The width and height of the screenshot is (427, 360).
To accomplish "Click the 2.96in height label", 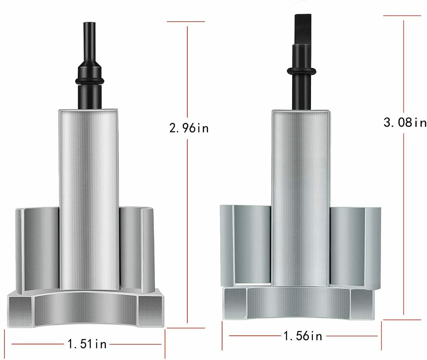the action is pyautogui.click(x=189, y=129).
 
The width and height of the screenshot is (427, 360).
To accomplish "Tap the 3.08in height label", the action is pyautogui.click(x=405, y=122).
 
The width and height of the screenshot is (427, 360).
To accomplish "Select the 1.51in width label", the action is pyautogui.click(x=87, y=344).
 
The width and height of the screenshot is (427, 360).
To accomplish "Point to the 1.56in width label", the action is pyautogui.click(x=303, y=336).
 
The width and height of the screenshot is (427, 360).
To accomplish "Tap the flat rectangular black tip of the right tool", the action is pyautogui.click(x=303, y=30).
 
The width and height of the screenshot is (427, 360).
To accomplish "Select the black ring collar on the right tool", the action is pyautogui.click(x=302, y=71).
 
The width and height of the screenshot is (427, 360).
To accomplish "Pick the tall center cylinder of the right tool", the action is pyautogui.click(x=301, y=198).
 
